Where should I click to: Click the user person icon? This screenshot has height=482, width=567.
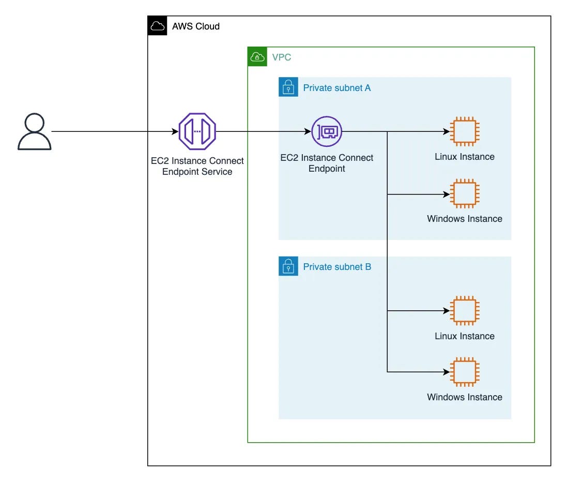(x=35, y=132)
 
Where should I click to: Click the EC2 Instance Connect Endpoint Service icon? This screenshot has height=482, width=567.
(x=197, y=131)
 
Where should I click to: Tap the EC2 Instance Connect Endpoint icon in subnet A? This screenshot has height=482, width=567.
(x=327, y=131)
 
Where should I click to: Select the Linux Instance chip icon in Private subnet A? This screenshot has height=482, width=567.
(x=464, y=131)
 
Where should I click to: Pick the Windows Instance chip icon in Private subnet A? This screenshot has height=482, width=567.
(x=464, y=194)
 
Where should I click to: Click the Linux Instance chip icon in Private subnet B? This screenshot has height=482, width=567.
(x=464, y=311)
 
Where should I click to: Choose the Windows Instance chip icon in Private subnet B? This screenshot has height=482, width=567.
(x=464, y=372)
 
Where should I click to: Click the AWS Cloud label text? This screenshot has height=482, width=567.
(x=196, y=26)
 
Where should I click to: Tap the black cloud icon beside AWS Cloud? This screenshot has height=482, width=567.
(x=157, y=26)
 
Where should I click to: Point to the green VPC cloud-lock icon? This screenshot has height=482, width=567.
(x=257, y=57)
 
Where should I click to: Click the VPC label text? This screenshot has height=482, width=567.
(x=282, y=57)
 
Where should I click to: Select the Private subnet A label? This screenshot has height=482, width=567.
(x=336, y=88)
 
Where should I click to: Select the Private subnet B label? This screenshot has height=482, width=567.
(x=336, y=267)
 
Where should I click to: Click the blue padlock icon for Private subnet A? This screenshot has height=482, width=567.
(x=288, y=87)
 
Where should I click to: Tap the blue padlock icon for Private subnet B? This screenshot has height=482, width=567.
(x=288, y=266)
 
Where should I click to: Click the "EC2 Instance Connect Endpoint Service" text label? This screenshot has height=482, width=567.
(x=197, y=166)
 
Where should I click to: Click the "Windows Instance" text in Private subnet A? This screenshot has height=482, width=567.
(x=464, y=219)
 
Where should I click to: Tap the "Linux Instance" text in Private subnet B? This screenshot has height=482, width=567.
(x=464, y=336)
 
